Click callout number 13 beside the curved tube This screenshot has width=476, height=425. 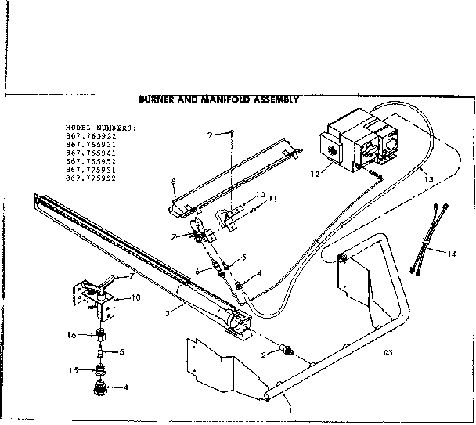[x=427, y=178]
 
